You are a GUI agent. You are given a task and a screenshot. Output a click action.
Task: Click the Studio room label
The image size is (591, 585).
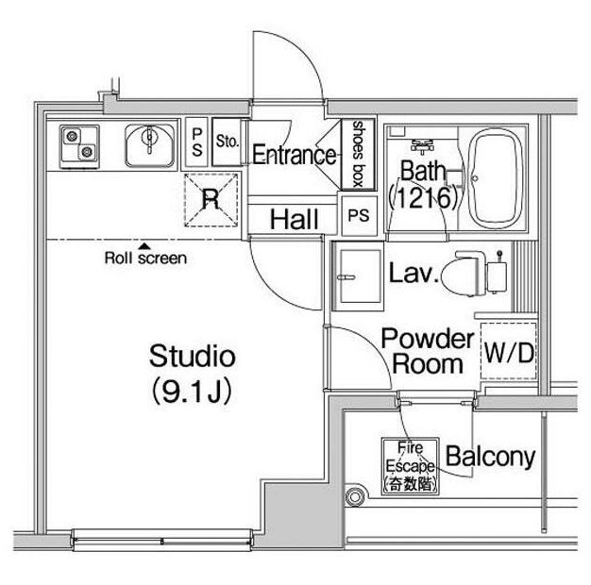pyautogui.click(x=193, y=356)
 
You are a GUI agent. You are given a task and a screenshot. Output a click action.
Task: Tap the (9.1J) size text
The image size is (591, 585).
pyautogui.click(x=192, y=391)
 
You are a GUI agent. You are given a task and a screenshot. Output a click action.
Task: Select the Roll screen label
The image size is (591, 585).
pyautogui.click(x=145, y=258)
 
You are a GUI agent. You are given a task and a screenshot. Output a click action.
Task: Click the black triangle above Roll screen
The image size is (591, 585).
pyautogui.click(x=144, y=246)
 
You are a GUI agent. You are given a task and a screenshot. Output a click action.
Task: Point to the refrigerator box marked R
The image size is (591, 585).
pyautogui.click(x=211, y=200)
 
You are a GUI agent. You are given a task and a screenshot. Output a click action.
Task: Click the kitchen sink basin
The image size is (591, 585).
pyautogui.click(x=150, y=145)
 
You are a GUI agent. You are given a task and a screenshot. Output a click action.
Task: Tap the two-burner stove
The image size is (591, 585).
pyautogui.click(x=79, y=146)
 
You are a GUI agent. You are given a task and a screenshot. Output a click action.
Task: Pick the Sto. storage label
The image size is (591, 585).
pyautogui.click(x=228, y=142)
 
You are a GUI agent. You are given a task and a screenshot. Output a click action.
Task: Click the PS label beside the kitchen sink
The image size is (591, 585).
pyautogui.click(x=196, y=142)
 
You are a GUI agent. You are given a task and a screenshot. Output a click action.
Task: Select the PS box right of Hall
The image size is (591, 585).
pyautogui.click(x=359, y=215)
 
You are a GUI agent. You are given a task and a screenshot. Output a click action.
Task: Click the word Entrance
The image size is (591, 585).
pyautogui.click(x=294, y=155)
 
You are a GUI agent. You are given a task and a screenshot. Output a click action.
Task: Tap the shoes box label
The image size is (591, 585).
pyautogui.click(x=358, y=154)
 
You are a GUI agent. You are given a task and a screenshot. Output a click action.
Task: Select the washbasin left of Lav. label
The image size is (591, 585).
pyautogui.click(x=358, y=276)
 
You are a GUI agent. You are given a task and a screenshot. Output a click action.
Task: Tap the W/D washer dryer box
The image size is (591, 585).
pyautogui.click(x=509, y=351)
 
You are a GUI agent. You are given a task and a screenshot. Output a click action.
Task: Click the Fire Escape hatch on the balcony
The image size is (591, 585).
pyautogui.click(x=411, y=466)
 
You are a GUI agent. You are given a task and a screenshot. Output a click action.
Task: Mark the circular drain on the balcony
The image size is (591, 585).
pyautogui.click(x=354, y=497)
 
